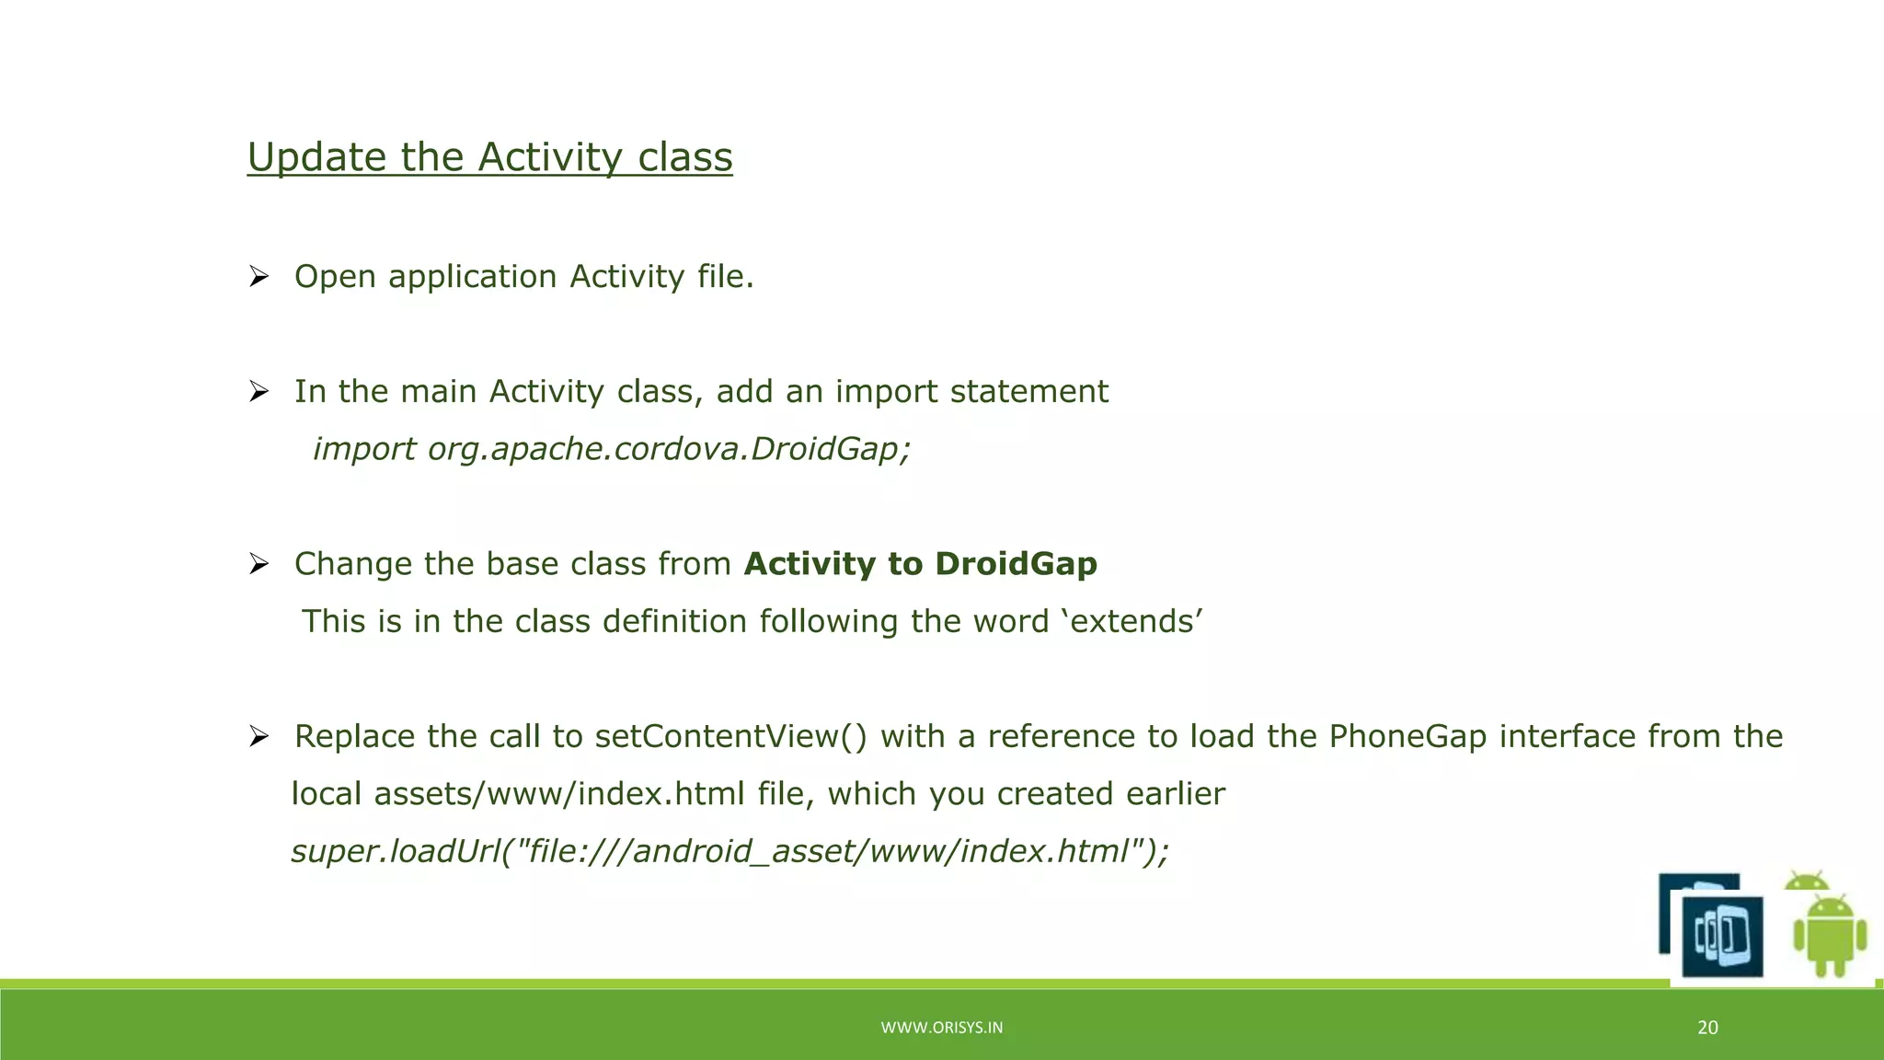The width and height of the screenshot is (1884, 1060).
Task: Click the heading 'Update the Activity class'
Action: coord(489,157)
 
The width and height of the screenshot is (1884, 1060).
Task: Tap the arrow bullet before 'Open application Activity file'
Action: coord(258,276)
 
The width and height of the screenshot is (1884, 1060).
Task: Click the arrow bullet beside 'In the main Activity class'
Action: coord(258,392)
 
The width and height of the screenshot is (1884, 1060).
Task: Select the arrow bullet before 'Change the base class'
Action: coord(258,564)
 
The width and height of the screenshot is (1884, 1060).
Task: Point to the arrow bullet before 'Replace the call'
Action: coord(258,736)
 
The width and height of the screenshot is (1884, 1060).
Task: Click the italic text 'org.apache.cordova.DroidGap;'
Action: coord(669,449)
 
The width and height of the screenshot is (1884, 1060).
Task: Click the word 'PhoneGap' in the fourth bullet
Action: coord(1407,736)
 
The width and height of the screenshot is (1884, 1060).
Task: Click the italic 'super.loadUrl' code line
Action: coord(729,851)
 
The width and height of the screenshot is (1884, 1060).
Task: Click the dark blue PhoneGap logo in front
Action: coord(1722,937)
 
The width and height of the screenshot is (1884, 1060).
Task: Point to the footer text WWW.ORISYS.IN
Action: coord(941,1028)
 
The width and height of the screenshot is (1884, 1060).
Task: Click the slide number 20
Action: coord(1707,1028)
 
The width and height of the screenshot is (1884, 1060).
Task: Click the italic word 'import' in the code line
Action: coord(364,449)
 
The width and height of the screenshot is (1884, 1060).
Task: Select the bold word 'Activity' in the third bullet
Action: coord(810,564)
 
